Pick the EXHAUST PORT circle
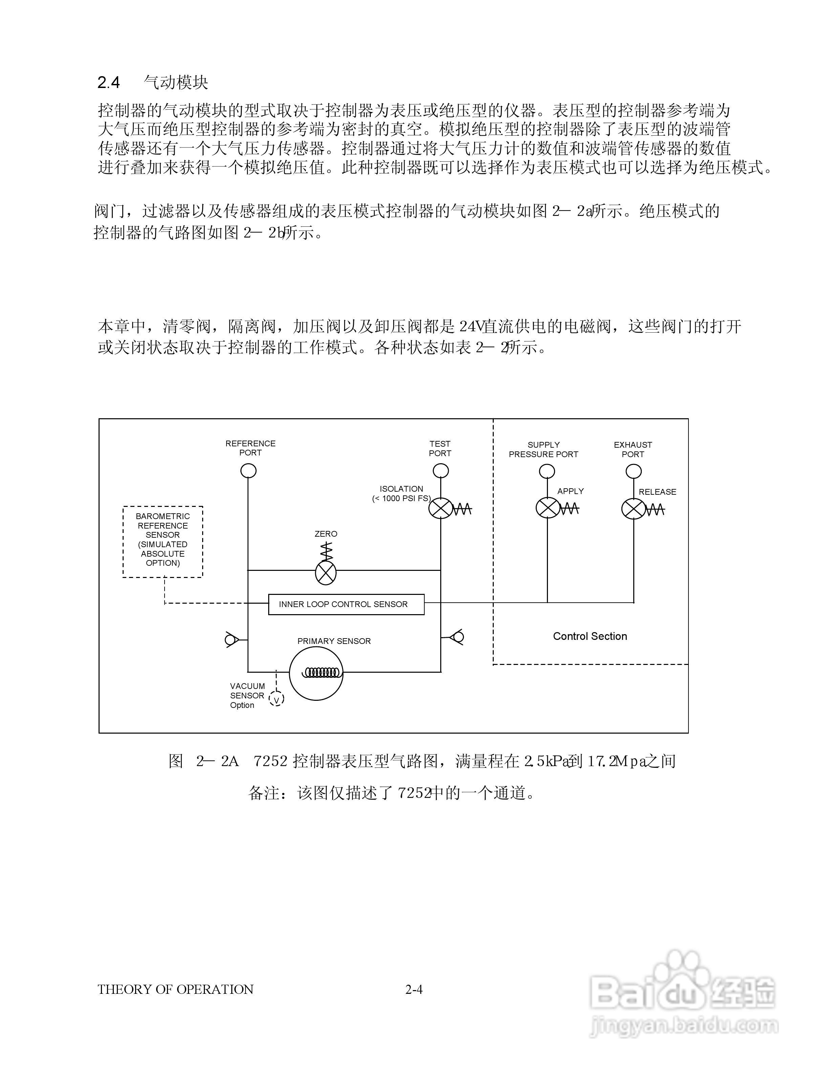pos(634,472)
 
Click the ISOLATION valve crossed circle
pos(441,508)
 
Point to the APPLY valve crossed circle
pos(547,508)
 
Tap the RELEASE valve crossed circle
pos(634,509)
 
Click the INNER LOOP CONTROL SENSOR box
pos(346,604)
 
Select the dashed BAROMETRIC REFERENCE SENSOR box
pos(163,541)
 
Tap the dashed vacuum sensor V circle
pos(276,700)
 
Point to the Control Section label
pos(590,636)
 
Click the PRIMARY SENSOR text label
pos(334,641)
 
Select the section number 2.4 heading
pos(109,83)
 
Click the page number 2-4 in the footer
pos(414,989)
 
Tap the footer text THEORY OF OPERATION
pos(175,989)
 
